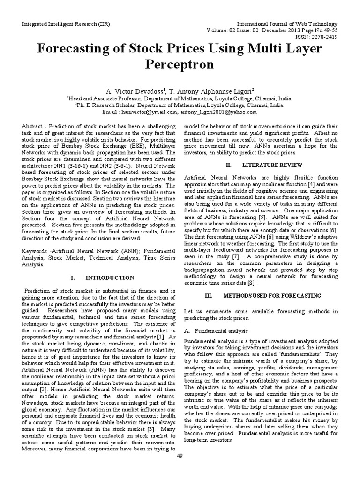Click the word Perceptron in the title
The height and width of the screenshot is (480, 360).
[180, 64]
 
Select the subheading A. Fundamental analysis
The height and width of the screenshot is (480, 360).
[216, 330]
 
